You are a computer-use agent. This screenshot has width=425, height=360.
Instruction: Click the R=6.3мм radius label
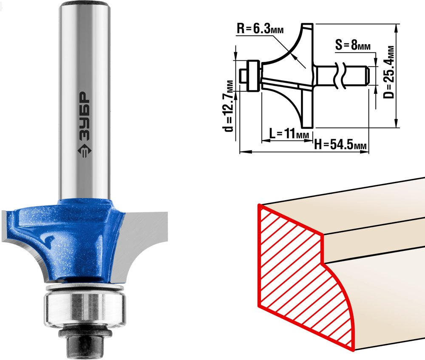(x=260, y=29)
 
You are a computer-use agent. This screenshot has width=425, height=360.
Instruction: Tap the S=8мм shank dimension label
(x=353, y=45)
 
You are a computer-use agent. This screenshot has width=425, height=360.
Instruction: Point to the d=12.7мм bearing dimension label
(x=229, y=106)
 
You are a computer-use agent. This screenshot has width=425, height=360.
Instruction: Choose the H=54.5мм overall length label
(x=340, y=145)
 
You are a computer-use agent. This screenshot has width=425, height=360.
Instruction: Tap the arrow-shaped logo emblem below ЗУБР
(x=85, y=152)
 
